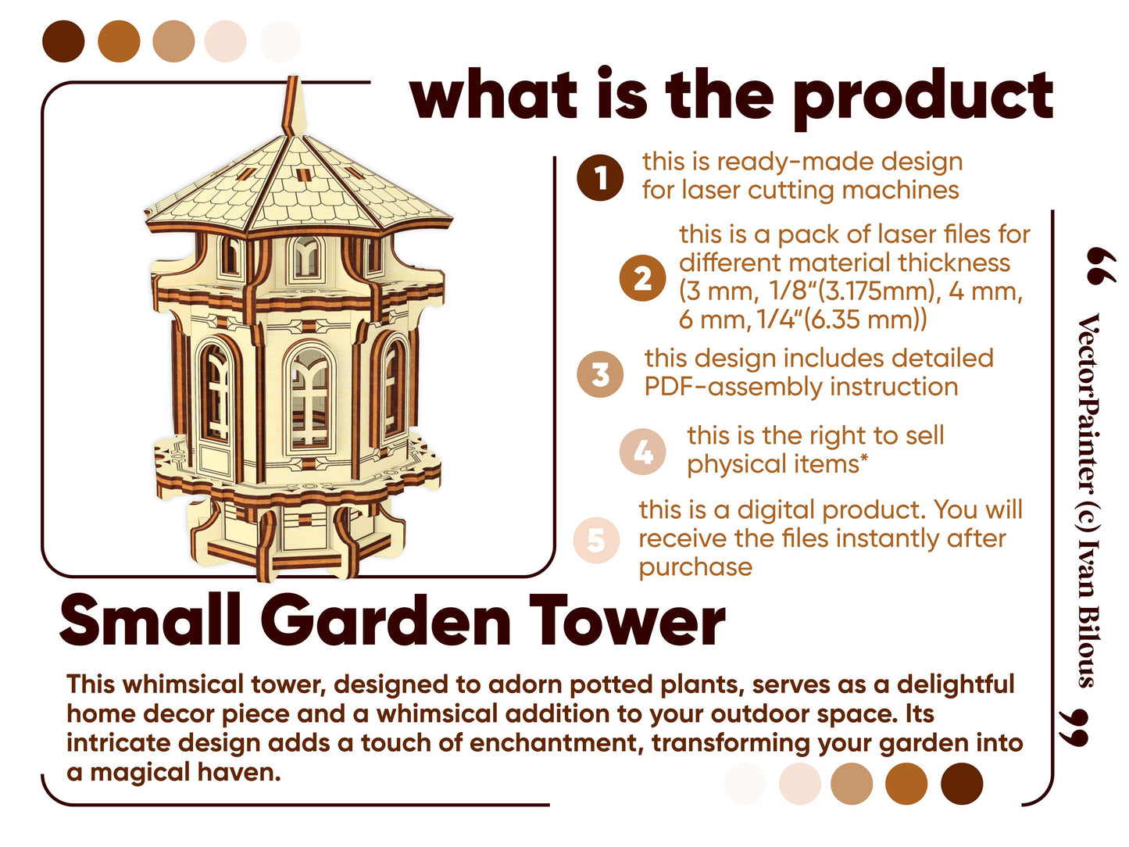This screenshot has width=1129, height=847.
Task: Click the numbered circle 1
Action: click(x=600, y=177)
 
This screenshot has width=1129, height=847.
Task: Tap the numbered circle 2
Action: click(x=642, y=278)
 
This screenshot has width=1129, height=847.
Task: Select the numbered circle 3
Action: click(x=600, y=374)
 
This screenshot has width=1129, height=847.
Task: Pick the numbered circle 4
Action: click(x=642, y=452)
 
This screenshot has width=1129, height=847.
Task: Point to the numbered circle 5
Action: click(x=597, y=540)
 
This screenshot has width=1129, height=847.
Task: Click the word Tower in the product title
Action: click(x=627, y=620)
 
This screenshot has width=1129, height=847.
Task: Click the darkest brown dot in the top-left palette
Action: click(x=63, y=41)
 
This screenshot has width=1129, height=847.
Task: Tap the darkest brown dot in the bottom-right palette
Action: click(x=962, y=784)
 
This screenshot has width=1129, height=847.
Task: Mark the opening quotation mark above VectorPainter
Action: click(x=1101, y=266)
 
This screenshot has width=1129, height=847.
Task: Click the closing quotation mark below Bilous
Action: click(x=1074, y=727)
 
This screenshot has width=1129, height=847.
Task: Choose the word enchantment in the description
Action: click(x=556, y=743)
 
